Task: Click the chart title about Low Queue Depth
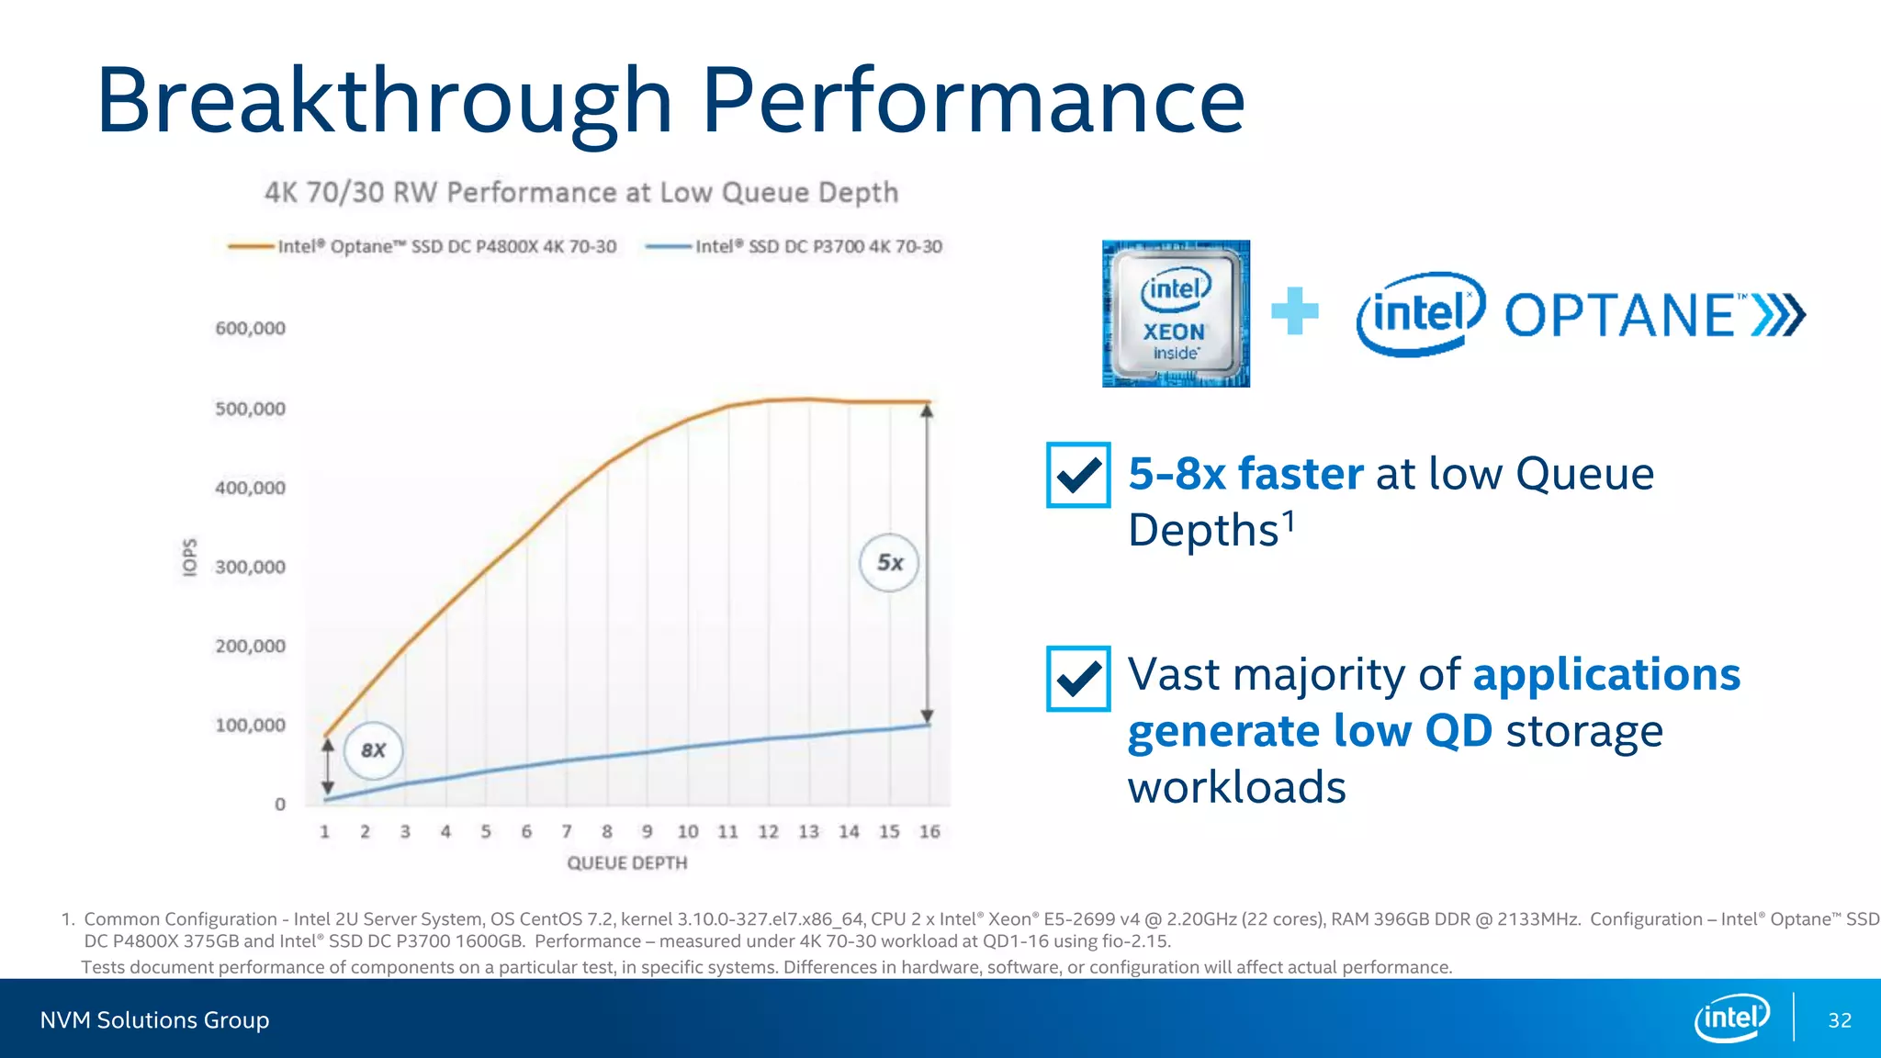pyautogui.click(x=580, y=193)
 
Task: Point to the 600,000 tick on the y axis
pyautogui.click(x=250, y=329)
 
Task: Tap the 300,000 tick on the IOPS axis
pyautogui.click(x=250, y=567)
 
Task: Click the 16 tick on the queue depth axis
pyautogui.click(x=929, y=831)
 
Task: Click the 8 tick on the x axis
pyautogui.click(x=607, y=831)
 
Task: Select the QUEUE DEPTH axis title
pyautogui.click(x=626, y=863)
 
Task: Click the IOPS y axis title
pyautogui.click(x=189, y=557)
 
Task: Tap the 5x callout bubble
pyautogui.click(x=889, y=562)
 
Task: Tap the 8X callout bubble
pyautogui.click(x=373, y=750)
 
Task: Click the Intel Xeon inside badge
pyautogui.click(x=1176, y=314)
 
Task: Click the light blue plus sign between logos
pyautogui.click(x=1295, y=311)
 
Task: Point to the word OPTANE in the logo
pyautogui.click(x=1621, y=316)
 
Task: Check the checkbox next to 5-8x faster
pyautogui.click(x=1078, y=475)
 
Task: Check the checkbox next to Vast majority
pyautogui.click(x=1078, y=679)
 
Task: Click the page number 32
pyautogui.click(x=1840, y=1020)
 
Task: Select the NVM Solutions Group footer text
pyautogui.click(x=154, y=1020)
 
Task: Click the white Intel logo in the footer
pyautogui.click(x=1731, y=1018)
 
